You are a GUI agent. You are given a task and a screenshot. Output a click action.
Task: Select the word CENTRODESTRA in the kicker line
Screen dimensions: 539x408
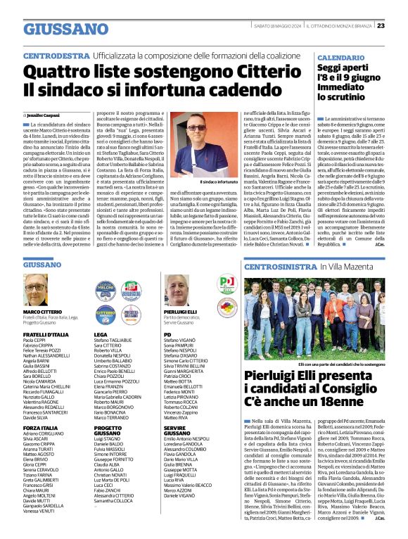click(56, 55)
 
